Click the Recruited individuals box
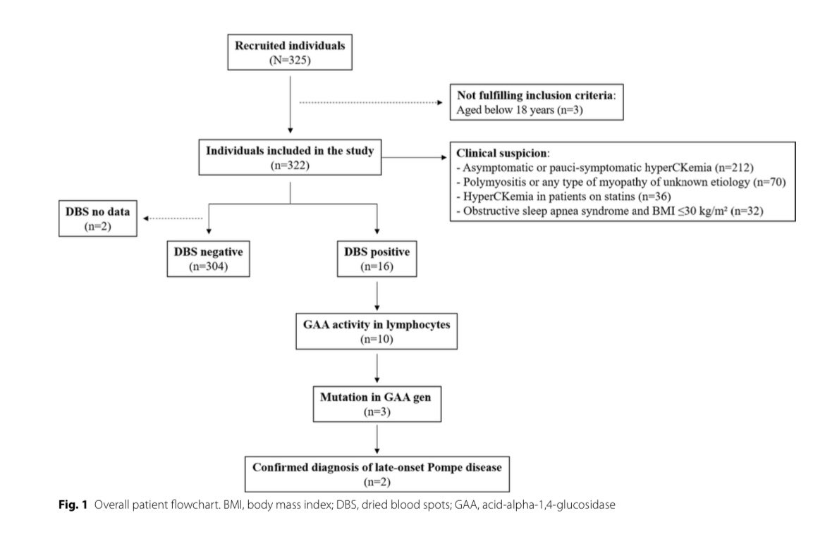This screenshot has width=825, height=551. (x=290, y=51)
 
